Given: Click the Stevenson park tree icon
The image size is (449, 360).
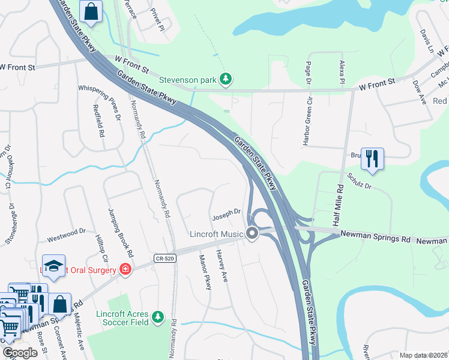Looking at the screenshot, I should (x=226, y=79).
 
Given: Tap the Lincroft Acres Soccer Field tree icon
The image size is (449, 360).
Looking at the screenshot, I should (x=157, y=316).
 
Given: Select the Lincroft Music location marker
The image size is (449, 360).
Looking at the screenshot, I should (x=252, y=233).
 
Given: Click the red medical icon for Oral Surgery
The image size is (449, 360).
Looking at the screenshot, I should (x=125, y=270).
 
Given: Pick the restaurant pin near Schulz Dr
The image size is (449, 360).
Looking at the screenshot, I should (x=372, y=158).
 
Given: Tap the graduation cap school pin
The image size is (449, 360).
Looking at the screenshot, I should (x=53, y=266).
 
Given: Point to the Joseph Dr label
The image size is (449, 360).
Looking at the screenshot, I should (x=226, y=212).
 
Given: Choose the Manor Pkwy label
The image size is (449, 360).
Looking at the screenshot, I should (x=205, y=272).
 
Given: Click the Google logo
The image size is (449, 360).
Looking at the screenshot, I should (x=20, y=353).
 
